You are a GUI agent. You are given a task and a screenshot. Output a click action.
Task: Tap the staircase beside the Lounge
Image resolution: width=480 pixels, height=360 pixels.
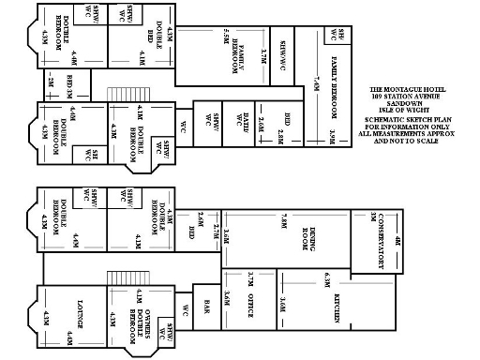pos(116,279)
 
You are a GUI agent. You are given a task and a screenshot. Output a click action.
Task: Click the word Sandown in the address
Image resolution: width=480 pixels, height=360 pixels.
pos(406,102)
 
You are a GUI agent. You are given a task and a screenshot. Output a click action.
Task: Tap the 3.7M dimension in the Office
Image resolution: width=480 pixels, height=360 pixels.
pos(252,278)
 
